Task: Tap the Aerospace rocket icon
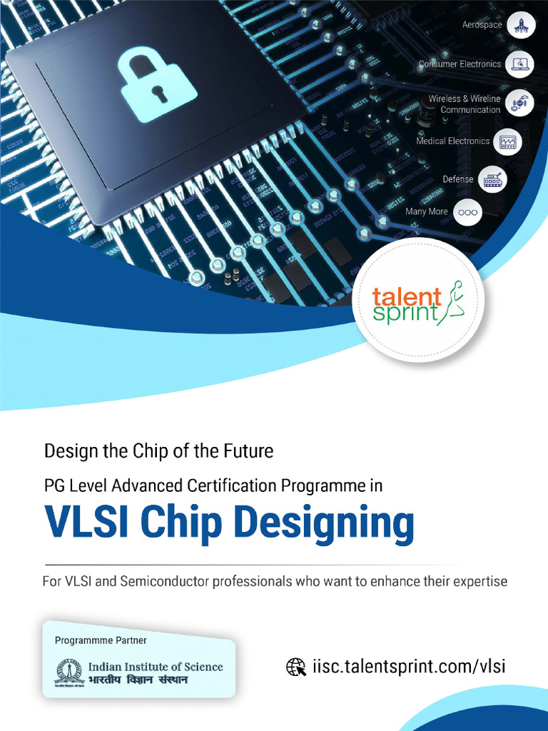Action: coord(520,25)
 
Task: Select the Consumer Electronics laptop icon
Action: coord(519,64)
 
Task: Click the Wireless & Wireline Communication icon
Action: coord(519,104)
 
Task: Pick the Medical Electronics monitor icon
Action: coord(507,141)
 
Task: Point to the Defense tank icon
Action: coord(492,180)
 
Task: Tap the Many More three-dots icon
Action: coord(467,212)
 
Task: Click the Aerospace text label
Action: coord(482,25)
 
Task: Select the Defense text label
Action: coord(457,179)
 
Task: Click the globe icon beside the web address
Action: coord(296,667)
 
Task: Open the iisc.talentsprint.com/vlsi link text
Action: coord(409,667)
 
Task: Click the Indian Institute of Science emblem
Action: coord(69,672)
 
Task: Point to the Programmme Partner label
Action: coord(101,640)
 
